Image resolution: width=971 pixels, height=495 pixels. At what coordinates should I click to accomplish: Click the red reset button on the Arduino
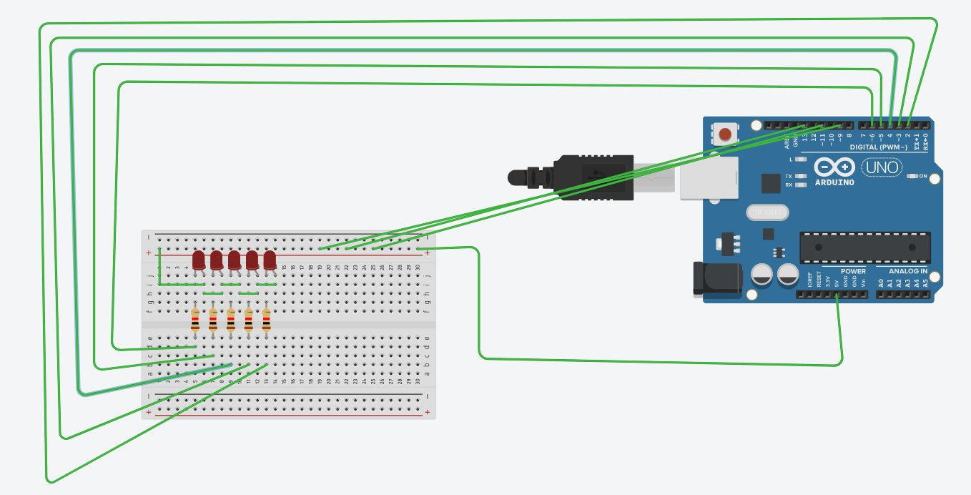point(726,134)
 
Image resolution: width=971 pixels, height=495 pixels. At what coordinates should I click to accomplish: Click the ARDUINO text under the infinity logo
point(834,182)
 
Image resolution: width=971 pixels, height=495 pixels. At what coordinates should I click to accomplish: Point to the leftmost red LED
point(199,260)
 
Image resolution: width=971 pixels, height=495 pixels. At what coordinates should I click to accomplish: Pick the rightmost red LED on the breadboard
point(270,260)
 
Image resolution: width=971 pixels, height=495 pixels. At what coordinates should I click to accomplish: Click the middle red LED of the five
point(235,260)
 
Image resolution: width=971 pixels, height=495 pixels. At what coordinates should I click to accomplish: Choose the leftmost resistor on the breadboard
point(195,320)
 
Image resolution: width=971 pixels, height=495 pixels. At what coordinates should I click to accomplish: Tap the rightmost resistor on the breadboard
point(266,320)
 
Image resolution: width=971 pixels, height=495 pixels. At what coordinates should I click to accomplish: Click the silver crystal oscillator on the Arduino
point(767,212)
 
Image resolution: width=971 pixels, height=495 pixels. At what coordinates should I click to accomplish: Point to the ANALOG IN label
point(907,271)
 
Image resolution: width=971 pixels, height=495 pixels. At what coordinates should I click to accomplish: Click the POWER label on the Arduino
point(852,271)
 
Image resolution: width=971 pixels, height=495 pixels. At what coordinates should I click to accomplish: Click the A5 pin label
point(925,283)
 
